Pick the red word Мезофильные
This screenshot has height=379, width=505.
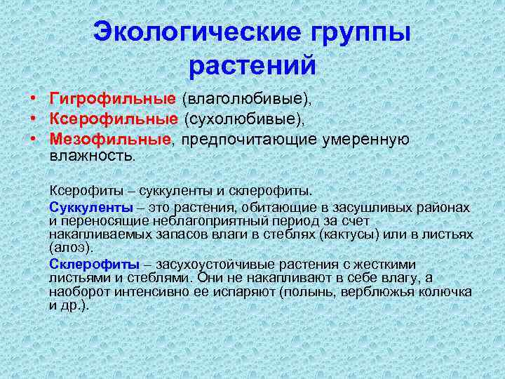(x=110, y=138)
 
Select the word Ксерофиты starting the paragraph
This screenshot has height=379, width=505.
(x=81, y=189)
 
